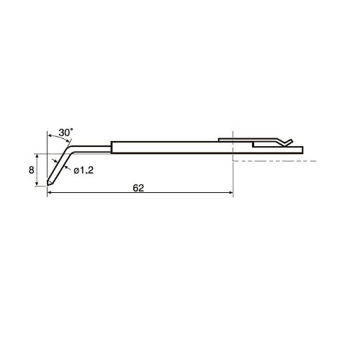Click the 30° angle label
[x=66, y=132]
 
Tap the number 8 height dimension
[x=32, y=170]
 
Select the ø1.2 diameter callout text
[x=84, y=171]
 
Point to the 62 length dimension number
[x=138, y=188]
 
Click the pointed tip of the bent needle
[x=48, y=185]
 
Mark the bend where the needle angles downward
[x=69, y=149]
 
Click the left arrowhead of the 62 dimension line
[x=49, y=192]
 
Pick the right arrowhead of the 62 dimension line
[x=231, y=192]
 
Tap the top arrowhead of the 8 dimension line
[x=37, y=156]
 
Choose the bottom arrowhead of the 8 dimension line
[x=37, y=184]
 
